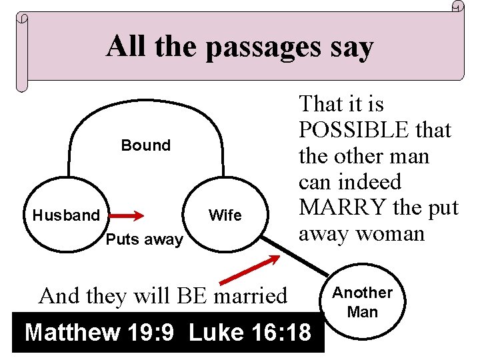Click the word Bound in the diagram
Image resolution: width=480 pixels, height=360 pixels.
click(x=145, y=145)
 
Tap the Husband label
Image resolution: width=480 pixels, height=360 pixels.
click(x=65, y=215)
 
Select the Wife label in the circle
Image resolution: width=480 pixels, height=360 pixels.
click(x=225, y=215)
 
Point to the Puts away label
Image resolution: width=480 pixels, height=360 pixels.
click(x=145, y=240)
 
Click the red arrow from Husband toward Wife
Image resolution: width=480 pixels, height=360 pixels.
click(x=127, y=215)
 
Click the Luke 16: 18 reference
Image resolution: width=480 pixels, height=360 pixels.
click(x=250, y=332)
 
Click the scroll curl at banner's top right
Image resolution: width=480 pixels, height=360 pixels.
click(x=457, y=7)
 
